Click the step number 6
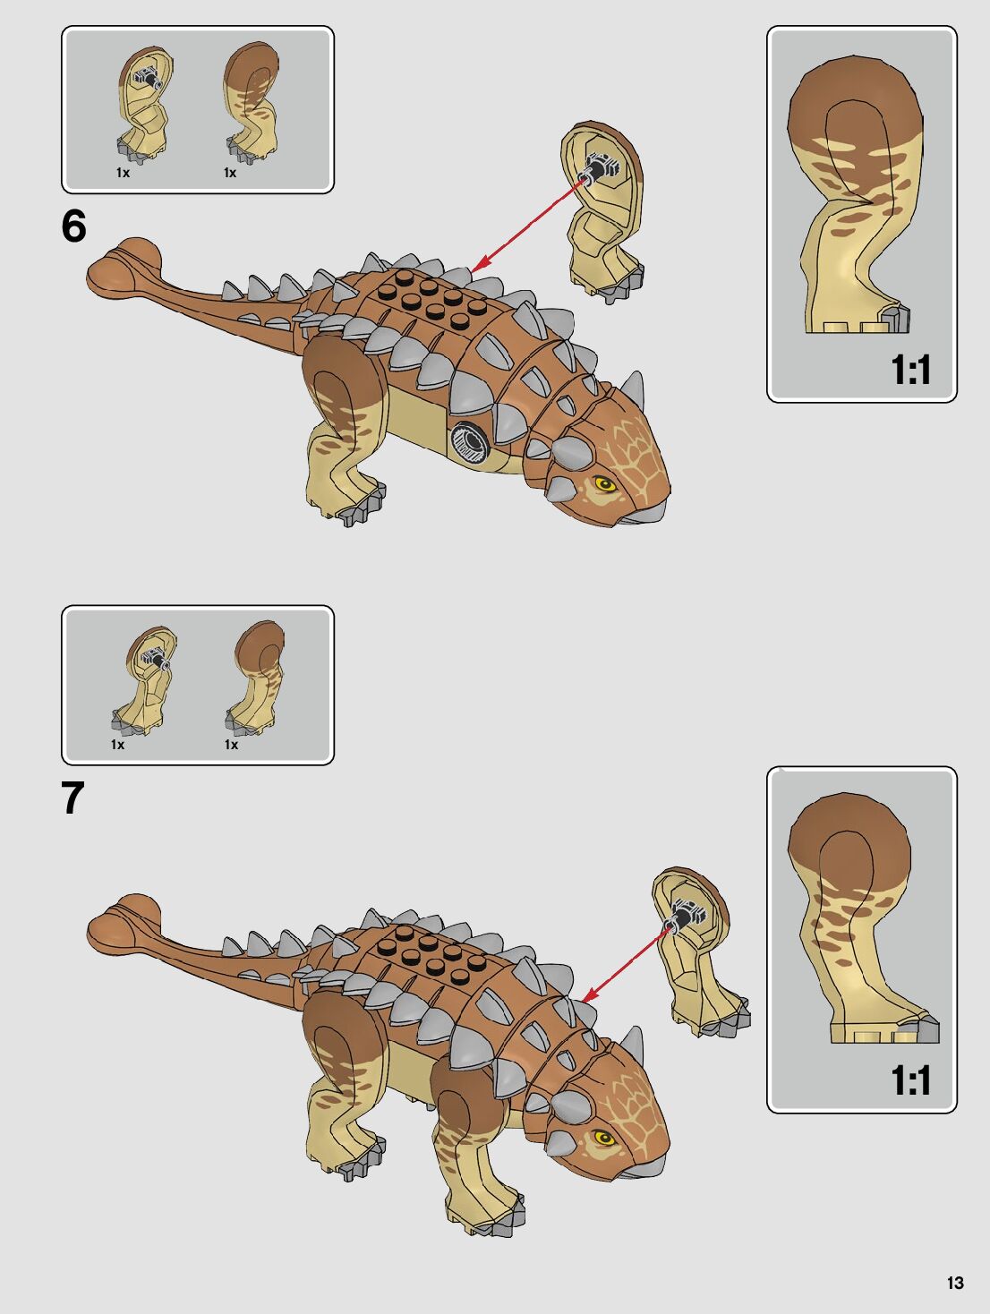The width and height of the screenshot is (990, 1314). click(x=74, y=226)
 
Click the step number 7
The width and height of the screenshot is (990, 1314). click(x=73, y=798)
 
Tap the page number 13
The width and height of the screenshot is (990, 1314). click(x=955, y=1283)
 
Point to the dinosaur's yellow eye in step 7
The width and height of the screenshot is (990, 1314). click(x=602, y=1139)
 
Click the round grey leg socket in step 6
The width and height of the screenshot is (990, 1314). click(x=467, y=440)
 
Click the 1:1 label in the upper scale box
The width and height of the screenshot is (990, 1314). click(x=910, y=370)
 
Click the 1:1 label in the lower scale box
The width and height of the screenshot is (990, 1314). click(x=910, y=1080)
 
